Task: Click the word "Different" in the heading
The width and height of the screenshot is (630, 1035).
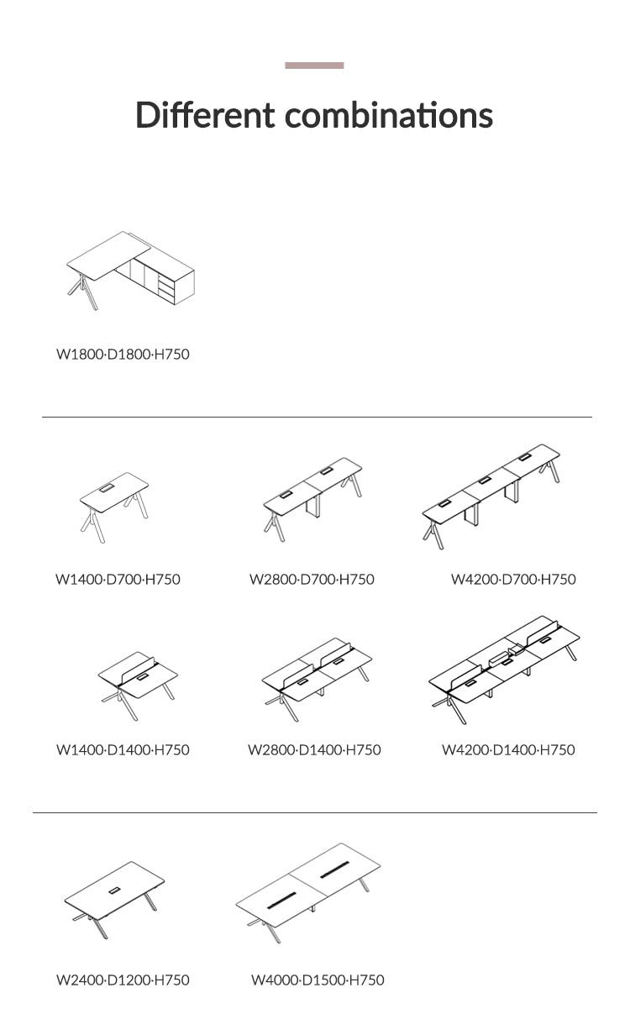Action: click(205, 114)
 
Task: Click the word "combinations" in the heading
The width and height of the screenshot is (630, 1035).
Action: click(388, 114)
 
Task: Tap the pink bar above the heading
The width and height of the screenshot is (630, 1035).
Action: click(314, 66)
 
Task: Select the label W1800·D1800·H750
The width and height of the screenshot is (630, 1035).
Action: click(123, 355)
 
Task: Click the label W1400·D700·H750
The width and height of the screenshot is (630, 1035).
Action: click(118, 580)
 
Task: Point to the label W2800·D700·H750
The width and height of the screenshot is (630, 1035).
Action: click(312, 580)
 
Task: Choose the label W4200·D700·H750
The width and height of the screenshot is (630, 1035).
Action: click(513, 580)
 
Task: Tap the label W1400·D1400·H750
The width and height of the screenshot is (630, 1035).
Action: click(123, 750)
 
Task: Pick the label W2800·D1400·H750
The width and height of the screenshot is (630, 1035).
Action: click(314, 750)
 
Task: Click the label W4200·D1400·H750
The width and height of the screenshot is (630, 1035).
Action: click(508, 750)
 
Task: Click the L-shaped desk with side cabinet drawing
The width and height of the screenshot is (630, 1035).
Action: click(130, 271)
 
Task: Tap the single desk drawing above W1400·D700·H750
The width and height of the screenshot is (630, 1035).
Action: click(114, 507)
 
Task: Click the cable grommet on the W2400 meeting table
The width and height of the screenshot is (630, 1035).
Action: click(113, 891)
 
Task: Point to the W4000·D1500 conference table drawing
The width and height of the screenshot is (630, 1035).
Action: click(308, 893)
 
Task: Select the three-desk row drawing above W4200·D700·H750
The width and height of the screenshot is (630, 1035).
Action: click(491, 496)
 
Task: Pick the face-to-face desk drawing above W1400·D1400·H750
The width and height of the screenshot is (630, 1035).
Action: click(138, 686)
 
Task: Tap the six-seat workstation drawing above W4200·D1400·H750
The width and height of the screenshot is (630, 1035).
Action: click(504, 669)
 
